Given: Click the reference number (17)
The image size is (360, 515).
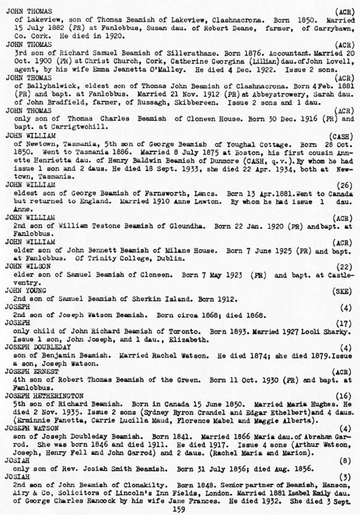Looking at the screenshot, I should [346, 323].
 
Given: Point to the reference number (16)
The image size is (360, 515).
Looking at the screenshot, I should [346, 396].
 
